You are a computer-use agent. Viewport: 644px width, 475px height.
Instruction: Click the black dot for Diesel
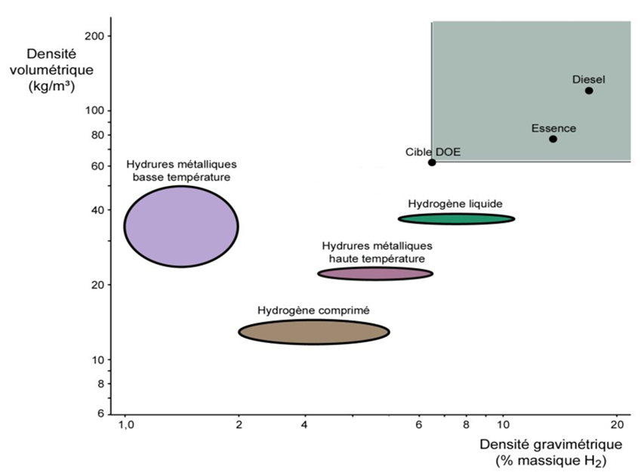point(589,91)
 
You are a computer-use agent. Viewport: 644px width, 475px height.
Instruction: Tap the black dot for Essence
point(553,139)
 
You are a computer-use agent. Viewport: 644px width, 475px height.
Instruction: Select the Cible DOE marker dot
point(432,162)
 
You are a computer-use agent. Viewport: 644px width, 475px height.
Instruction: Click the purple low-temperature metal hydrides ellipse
point(181,226)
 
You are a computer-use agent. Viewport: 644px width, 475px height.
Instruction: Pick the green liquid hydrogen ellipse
point(456,219)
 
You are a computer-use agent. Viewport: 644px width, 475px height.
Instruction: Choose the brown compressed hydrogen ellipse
point(314,332)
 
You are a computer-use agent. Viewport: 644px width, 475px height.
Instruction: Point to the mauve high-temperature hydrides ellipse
point(375,273)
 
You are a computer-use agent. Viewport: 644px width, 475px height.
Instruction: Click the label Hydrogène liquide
point(455,203)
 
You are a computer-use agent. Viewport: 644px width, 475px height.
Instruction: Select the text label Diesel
point(589,79)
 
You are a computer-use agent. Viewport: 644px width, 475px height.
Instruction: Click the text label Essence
point(553,128)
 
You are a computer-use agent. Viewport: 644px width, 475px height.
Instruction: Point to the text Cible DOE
point(433,152)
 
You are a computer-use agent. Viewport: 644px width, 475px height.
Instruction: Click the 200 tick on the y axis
point(98,35)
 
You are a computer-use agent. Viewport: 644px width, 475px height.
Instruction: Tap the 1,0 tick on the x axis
point(126,424)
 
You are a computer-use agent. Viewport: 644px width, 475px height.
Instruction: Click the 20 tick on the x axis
point(616,424)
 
